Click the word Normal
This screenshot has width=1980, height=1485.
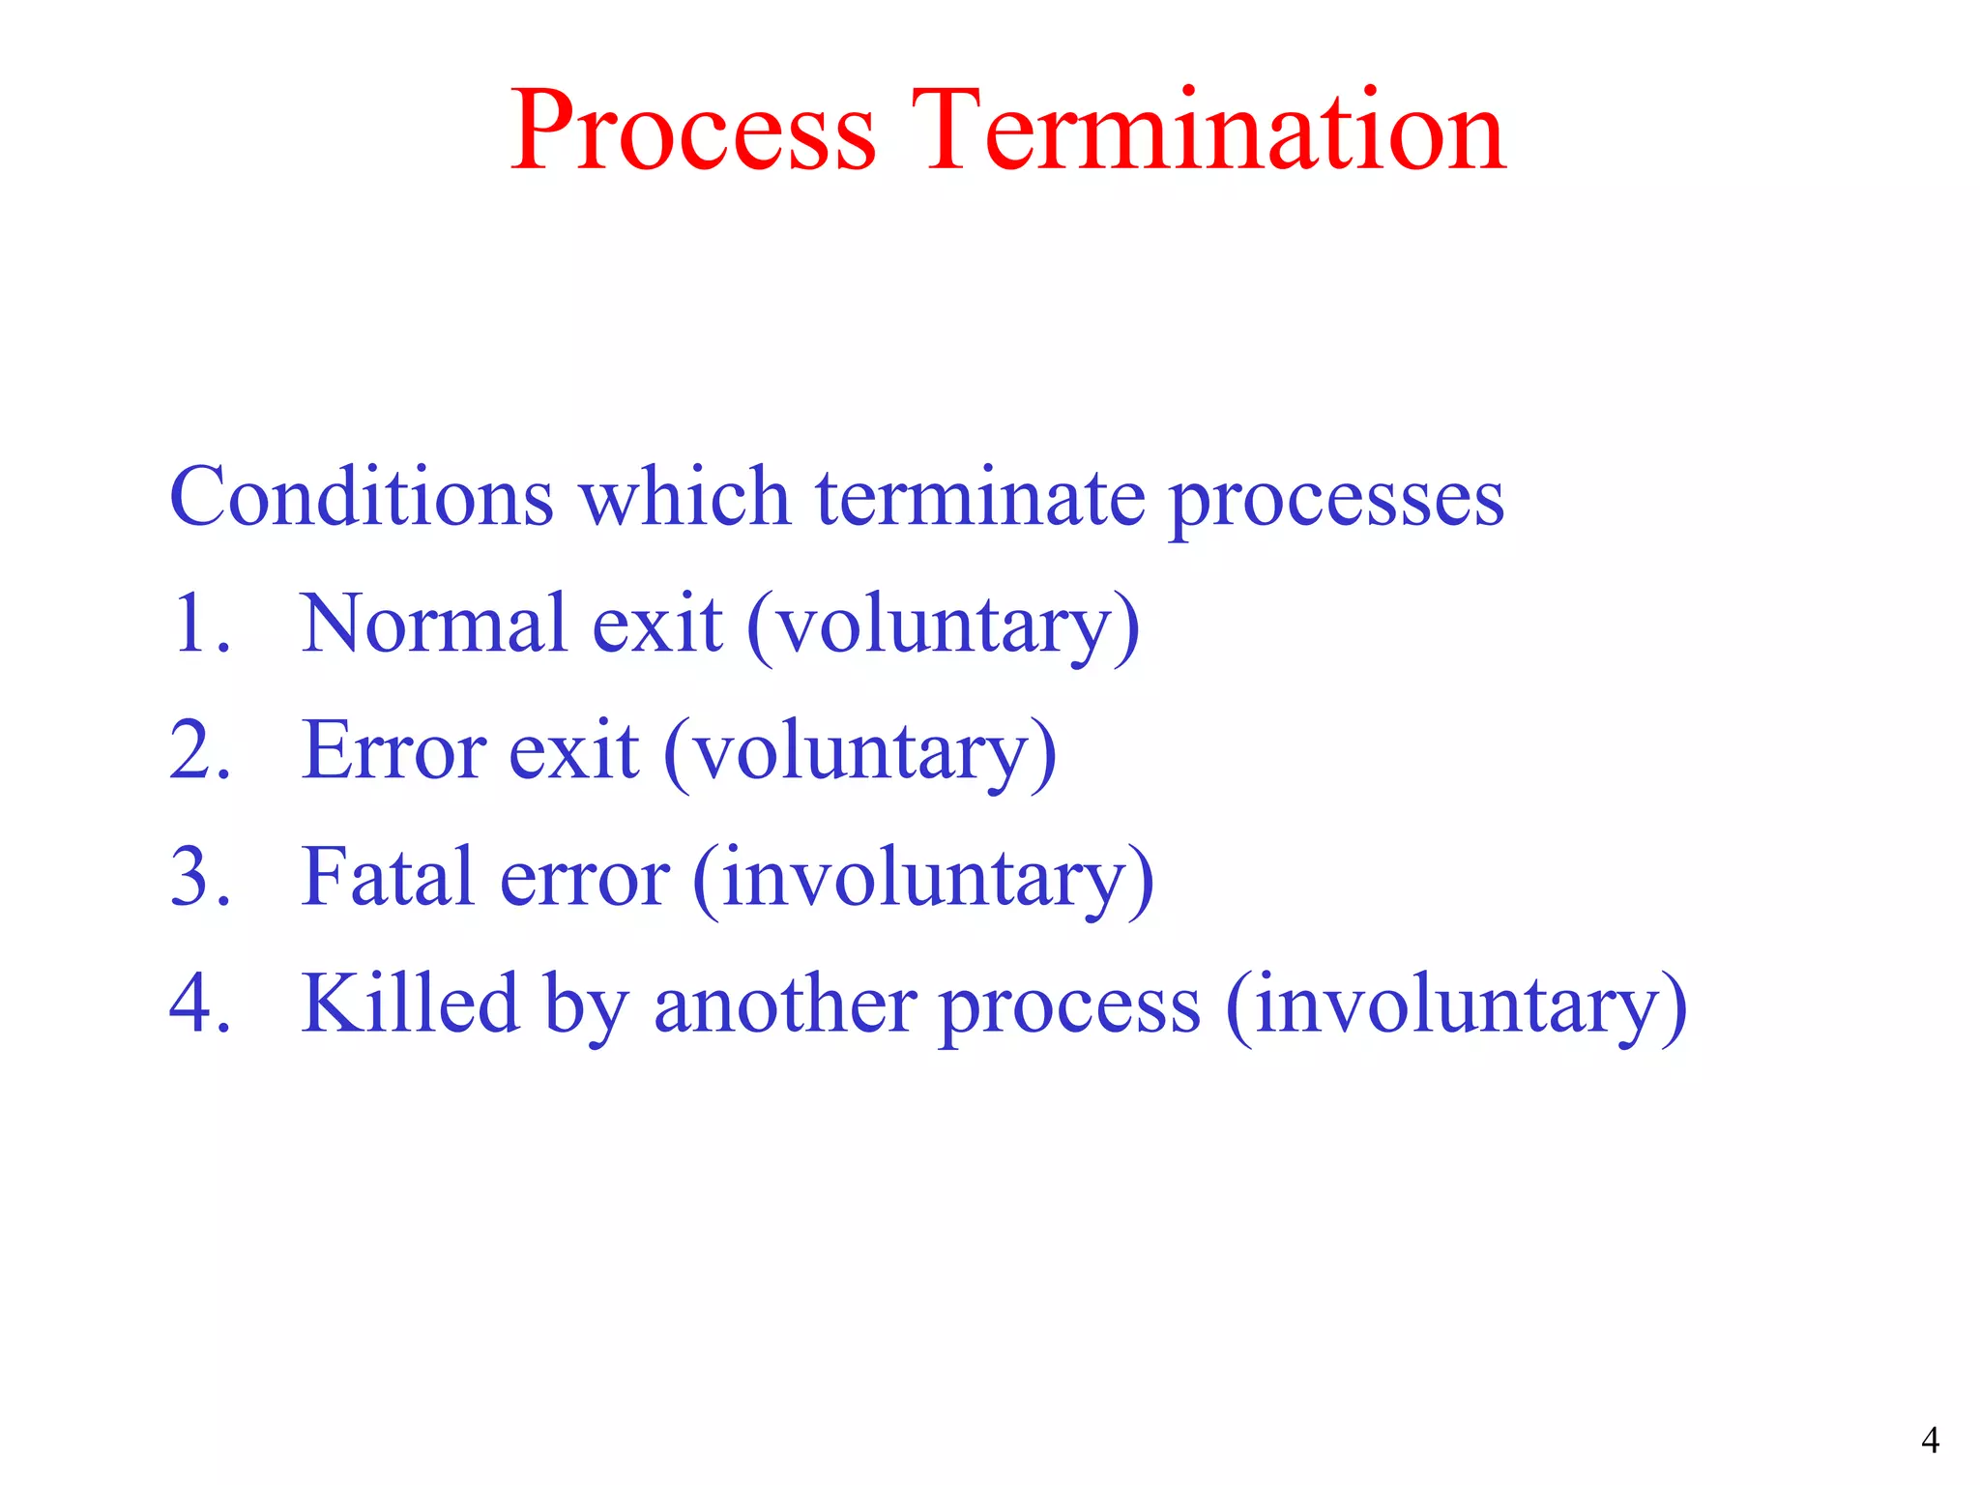[x=432, y=624]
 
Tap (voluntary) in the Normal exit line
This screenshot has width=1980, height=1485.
[x=944, y=626]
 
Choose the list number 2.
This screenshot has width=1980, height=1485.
[x=198, y=750]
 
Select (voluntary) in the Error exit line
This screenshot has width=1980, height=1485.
[x=860, y=753]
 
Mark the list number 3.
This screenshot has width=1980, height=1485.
[x=198, y=877]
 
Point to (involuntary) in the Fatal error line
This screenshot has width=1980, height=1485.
[x=923, y=880]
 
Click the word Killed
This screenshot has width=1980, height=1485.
[x=410, y=1004]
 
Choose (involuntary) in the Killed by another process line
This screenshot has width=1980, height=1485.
[x=1456, y=1006]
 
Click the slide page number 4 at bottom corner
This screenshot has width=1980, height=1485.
[x=1930, y=1441]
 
